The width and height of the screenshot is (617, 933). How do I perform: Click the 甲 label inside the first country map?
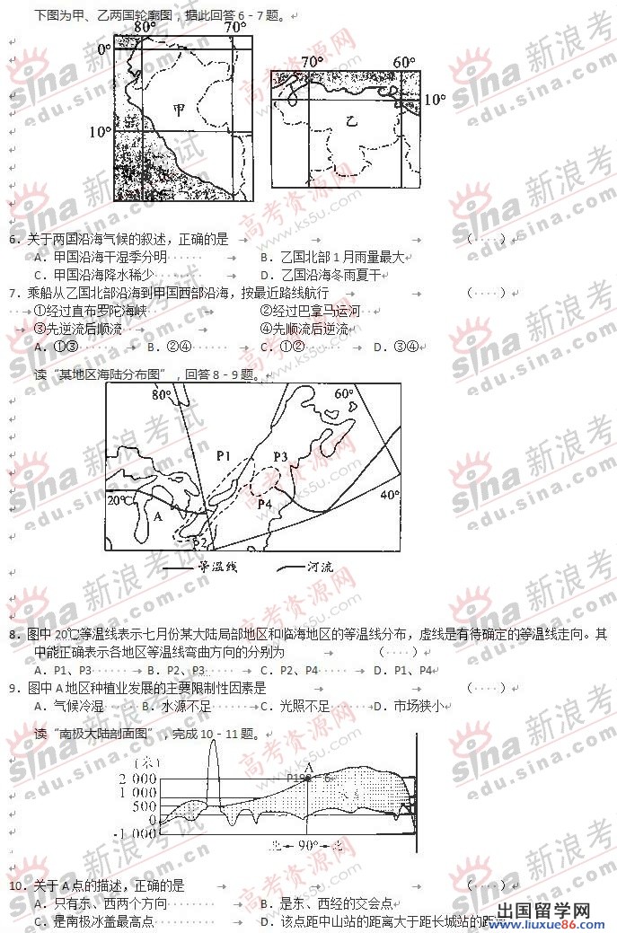tap(180, 109)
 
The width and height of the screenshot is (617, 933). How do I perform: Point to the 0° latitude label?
tap(102, 49)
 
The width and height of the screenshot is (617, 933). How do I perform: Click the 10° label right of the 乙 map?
tap(434, 100)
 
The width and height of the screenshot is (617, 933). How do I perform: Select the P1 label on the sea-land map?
tap(225, 454)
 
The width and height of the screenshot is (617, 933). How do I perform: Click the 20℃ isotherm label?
tap(120, 499)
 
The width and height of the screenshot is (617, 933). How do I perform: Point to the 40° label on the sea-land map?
tap(389, 495)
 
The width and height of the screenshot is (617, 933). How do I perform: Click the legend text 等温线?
tap(216, 568)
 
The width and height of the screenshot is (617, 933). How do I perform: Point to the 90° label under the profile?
tap(308, 845)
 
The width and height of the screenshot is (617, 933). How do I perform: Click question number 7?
tap(13, 293)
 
